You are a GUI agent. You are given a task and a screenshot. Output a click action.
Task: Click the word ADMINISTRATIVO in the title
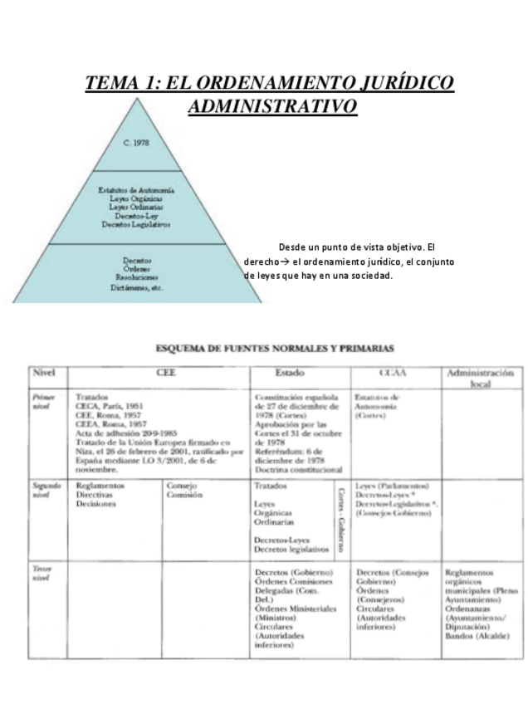(272, 107)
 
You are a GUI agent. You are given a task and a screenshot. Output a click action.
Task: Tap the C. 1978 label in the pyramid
(136, 142)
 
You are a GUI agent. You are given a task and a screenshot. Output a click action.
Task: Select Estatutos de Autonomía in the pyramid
(136, 191)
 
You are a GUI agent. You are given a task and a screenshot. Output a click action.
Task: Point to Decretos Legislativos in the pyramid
(136, 224)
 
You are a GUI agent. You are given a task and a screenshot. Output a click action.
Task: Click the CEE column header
(160, 374)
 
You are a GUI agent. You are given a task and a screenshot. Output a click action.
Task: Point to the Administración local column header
(479, 379)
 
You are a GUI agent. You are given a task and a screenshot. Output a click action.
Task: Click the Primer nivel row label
(43, 403)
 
